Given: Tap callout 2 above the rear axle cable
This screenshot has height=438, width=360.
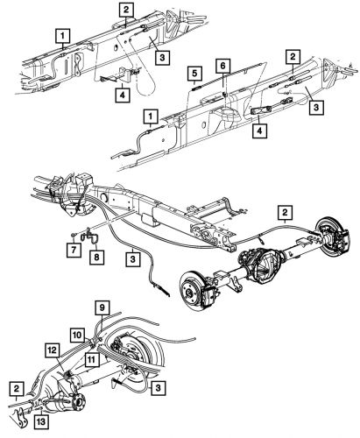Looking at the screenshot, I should [x=285, y=212].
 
